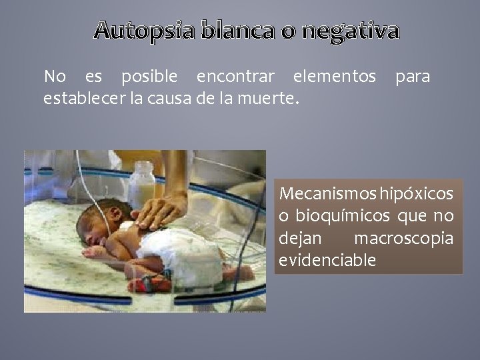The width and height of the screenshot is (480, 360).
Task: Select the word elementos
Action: point(335,77)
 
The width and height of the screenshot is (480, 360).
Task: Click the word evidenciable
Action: point(328,260)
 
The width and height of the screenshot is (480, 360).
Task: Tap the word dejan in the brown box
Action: point(300,238)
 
